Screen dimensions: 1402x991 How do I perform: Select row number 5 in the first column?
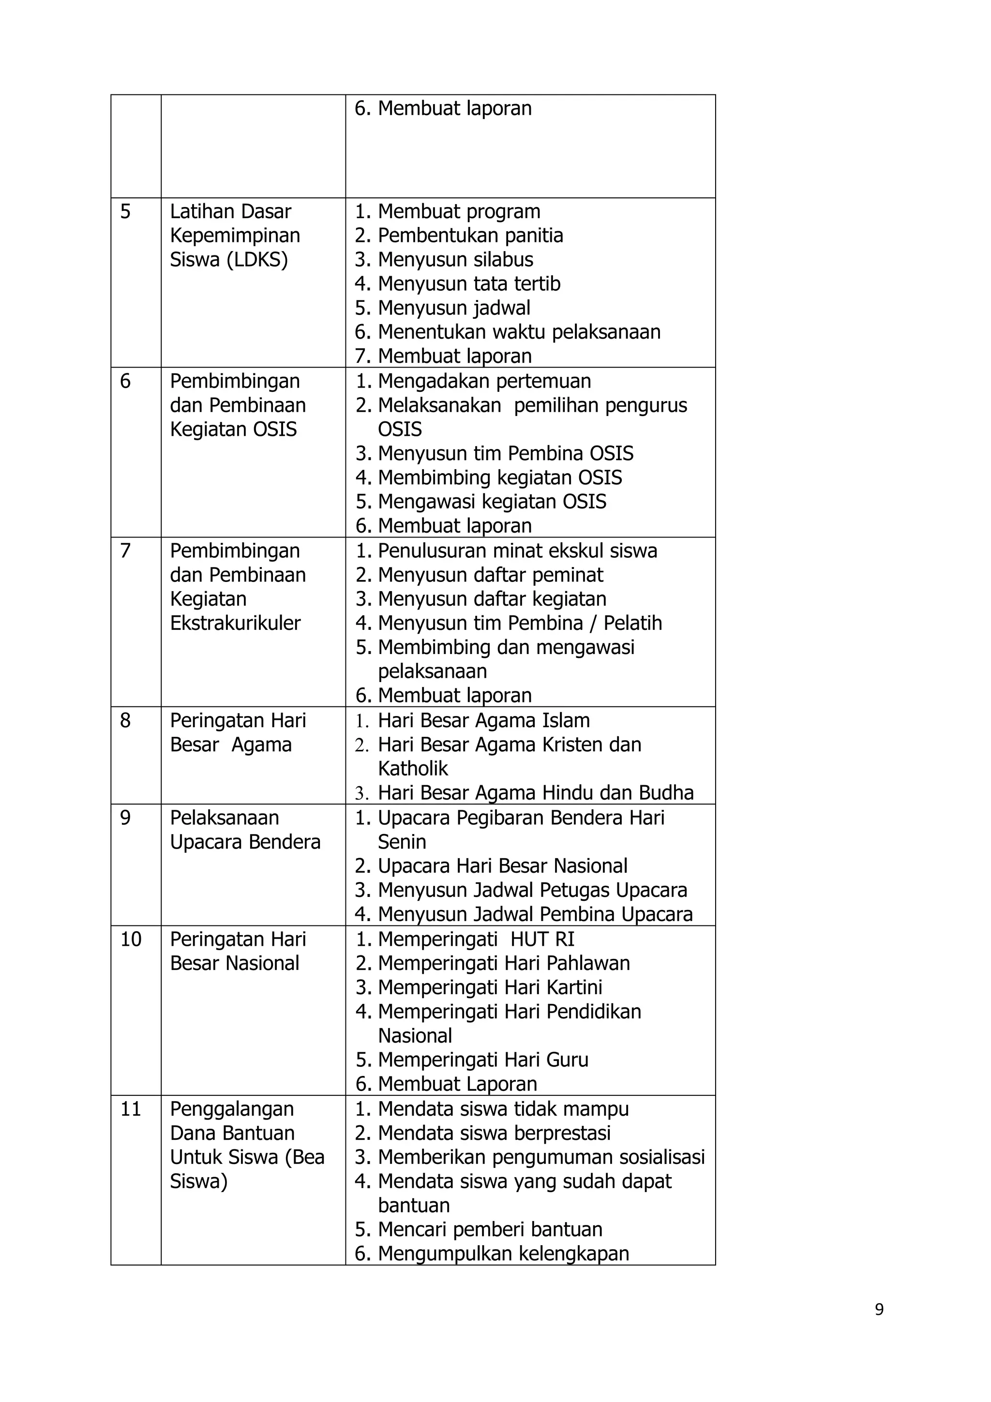coord(125,212)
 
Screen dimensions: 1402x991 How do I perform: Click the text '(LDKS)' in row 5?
coord(257,260)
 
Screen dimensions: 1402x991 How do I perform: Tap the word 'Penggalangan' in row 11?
coord(231,1108)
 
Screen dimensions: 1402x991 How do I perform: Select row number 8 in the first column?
coord(125,720)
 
